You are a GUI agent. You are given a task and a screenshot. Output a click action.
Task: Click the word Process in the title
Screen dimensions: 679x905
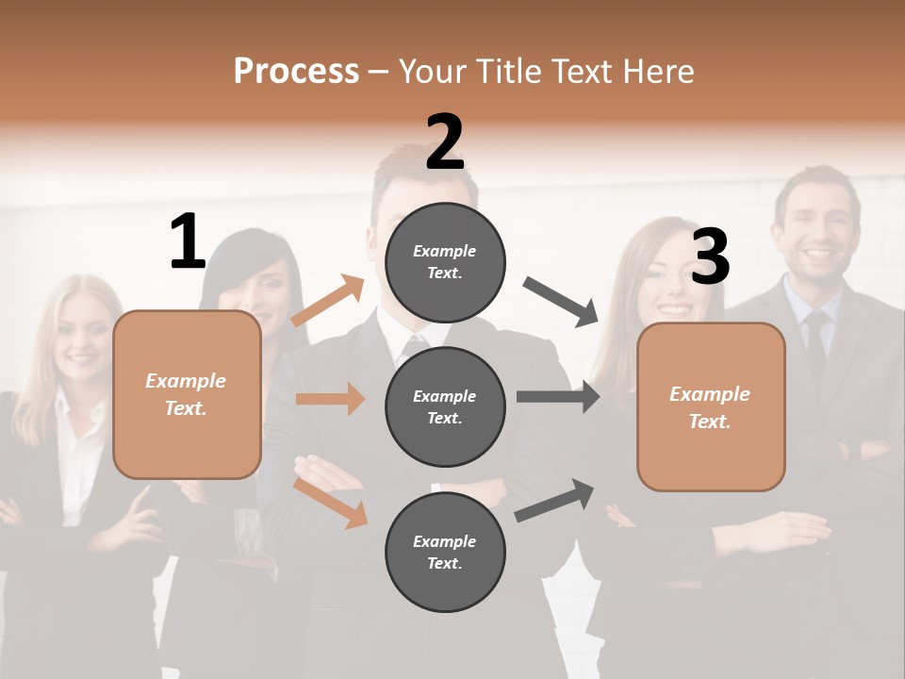pos(296,71)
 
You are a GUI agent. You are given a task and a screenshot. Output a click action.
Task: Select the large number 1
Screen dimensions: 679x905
pos(188,242)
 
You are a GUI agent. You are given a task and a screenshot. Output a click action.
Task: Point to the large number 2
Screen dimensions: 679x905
pos(445,142)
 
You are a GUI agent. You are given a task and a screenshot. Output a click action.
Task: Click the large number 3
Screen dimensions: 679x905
pos(710,257)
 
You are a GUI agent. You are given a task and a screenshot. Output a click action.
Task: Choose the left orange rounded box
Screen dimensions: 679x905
pos(187,394)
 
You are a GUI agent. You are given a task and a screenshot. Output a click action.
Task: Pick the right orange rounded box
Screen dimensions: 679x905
pos(711,406)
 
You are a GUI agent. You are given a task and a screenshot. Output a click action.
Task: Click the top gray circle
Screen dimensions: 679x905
pos(445,262)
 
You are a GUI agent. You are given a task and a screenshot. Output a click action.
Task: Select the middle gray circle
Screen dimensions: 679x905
pos(445,406)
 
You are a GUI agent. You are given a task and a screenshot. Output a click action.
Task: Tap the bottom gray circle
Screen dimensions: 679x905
pos(445,552)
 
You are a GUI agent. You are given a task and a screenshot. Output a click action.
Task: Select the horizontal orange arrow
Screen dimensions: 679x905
pos(330,399)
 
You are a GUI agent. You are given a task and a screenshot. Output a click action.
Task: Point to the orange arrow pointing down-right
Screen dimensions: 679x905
pos(330,502)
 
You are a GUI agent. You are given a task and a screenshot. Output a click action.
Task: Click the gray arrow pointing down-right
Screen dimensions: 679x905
pos(562,302)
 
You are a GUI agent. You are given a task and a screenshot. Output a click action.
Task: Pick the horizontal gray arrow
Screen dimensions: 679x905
pos(558,396)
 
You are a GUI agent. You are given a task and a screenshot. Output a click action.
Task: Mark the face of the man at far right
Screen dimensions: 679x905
pos(815,226)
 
